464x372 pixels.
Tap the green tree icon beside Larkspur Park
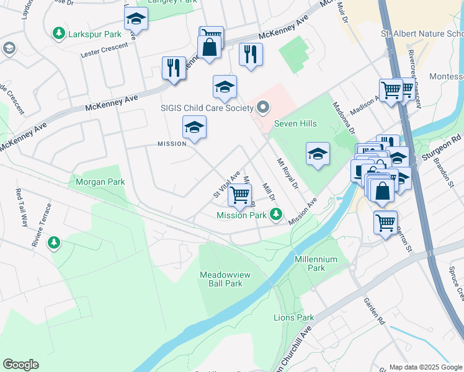click(60, 32)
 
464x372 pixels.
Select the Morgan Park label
click(100, 182)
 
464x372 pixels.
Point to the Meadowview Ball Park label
click(221, 278)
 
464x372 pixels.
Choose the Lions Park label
click(294, 317)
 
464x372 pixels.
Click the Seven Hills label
click(296, 123)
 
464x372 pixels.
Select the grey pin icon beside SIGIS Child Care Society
click(262, 108)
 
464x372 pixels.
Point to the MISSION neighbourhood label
click(172, 144)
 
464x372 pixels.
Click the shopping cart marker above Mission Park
click(239, 195)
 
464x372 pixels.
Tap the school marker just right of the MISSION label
click(194, 128)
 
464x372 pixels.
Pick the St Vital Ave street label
click(226, 185)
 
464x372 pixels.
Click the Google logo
click(20, 365)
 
